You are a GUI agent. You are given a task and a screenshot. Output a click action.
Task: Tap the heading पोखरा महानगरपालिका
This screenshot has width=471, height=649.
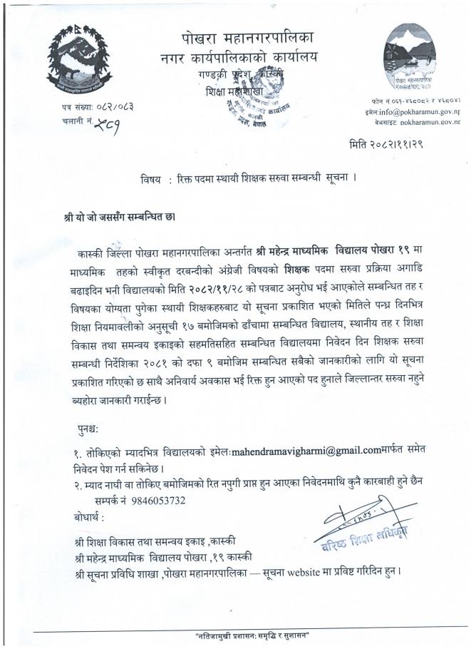[242, 37]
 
